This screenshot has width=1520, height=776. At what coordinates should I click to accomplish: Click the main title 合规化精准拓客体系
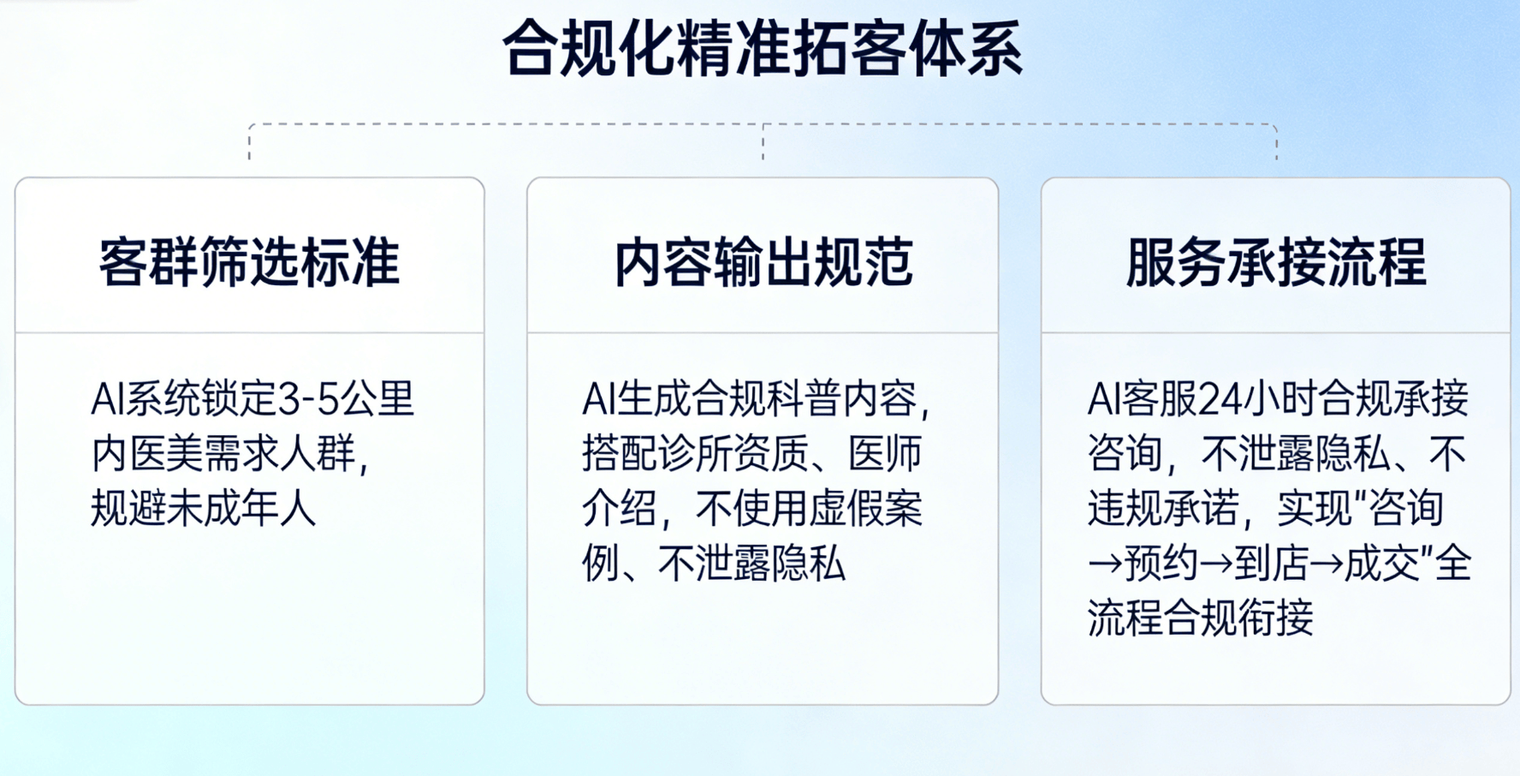[x=762, y=49]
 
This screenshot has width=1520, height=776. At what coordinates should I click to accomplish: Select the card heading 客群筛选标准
[x=249, y=262]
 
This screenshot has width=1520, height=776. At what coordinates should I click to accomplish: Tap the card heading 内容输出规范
[x=763, y=262]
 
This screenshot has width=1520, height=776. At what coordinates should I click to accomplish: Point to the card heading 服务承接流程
[x=1276, y=262]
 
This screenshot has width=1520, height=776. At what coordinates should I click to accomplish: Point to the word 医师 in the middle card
[x=885, y=454]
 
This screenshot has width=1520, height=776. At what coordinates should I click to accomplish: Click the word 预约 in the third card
[x=1161, y=564]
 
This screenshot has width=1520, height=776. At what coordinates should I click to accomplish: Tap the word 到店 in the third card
[x=1271, y=564]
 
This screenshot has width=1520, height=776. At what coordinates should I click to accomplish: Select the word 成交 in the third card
[x=1381, y=564]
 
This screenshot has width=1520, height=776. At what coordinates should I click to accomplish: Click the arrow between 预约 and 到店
[x=1216, y=564]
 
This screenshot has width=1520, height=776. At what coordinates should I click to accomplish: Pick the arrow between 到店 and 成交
[x=1327, y=564]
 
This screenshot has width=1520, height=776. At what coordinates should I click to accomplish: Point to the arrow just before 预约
[x=1105, y=564]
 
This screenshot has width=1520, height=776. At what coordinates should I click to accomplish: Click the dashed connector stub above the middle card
[x=763, y=142]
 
